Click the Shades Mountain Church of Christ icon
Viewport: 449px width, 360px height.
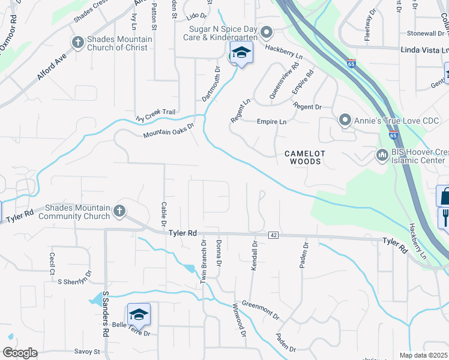(77, 42)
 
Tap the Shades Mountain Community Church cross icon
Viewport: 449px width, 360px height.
(119, 210)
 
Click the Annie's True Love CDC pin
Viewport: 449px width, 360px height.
(345, 120)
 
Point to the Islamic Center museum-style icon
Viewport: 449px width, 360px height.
(382, 156)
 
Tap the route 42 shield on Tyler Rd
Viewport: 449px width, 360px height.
(273, 235)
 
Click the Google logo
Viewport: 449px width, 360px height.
(20, 353)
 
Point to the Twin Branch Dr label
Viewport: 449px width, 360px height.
(203, 262)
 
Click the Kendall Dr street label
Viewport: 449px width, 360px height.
(255, 256)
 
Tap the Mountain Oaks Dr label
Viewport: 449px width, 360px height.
(169, 130)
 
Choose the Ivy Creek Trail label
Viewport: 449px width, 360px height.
(155, 114)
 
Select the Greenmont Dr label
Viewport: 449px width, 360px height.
(261, 309)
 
